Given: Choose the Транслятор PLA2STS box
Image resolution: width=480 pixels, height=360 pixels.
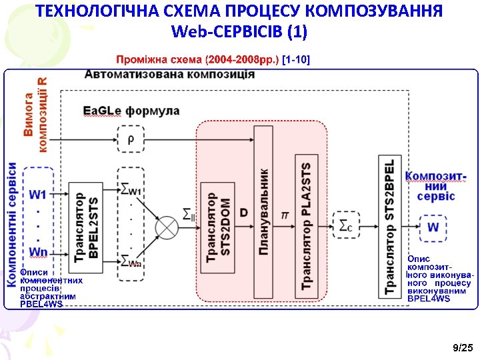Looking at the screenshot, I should pos(306,226).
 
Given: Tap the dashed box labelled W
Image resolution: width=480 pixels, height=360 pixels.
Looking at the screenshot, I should pos(433,227).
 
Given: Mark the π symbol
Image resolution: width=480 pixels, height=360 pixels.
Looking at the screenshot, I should pos(285,215).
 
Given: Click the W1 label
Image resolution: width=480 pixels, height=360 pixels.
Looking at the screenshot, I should pos(38,195).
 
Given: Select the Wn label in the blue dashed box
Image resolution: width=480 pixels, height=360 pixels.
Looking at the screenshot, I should pos(38,252).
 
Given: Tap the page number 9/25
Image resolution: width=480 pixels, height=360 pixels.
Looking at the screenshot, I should pos(463,348).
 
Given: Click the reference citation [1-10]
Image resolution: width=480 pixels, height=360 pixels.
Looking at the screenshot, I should pos(296,59).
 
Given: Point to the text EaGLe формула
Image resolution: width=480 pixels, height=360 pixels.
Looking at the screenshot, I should pos(131,111).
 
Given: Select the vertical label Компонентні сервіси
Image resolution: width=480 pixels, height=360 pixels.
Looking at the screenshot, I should pos(12,225).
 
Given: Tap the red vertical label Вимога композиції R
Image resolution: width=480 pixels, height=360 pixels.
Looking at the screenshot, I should pos(35,115).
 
